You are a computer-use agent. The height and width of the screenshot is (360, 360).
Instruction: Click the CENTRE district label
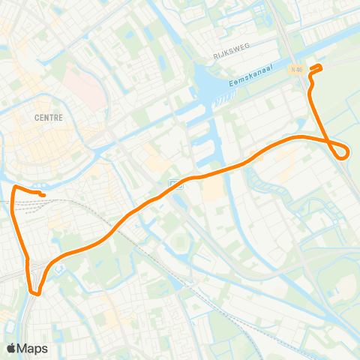[48, 118]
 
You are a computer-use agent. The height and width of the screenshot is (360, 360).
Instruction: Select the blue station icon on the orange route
[174, 184]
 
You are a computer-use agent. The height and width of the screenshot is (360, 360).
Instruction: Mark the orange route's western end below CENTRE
[44, 196]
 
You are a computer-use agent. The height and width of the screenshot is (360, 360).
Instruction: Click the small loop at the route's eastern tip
[343, 151]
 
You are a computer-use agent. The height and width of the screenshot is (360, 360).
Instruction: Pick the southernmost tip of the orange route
[36, 292]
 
